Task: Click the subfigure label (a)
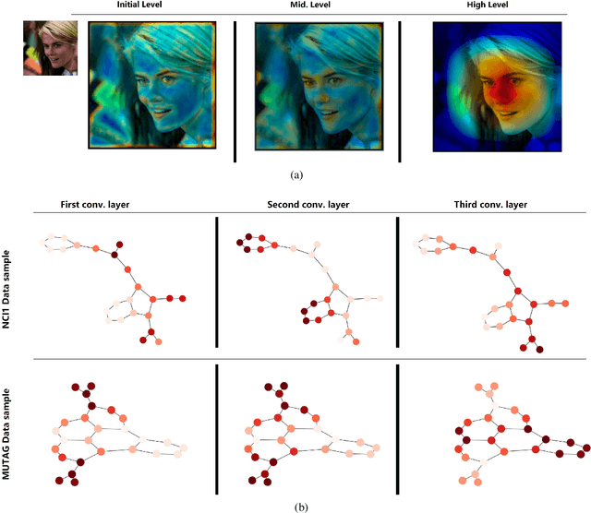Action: click(295, 173)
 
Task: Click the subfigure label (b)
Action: click(295, 507)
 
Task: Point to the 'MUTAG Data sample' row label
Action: click(17, 426)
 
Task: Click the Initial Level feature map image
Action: click(151, 85)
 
